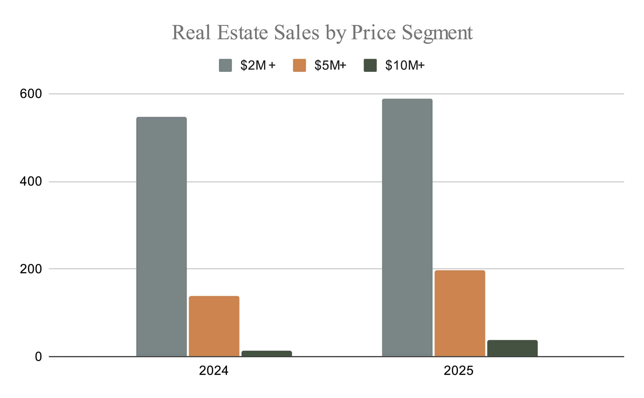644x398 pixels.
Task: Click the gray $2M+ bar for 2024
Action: (162, 237)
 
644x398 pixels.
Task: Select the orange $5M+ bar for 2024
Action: (214, 326)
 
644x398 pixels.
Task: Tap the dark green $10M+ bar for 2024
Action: (267, 353)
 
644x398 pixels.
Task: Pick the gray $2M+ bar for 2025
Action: (407, 227)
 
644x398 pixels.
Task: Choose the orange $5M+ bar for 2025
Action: (460, 313)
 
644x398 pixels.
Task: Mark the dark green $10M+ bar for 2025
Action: (512, 348)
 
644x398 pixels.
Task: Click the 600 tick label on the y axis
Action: (31, 94)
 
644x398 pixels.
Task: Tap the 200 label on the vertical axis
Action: (31, 269)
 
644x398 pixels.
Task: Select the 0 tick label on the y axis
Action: (38, 357)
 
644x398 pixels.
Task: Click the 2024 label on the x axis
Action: (214, 371)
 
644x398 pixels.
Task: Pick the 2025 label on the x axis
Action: (459, 371)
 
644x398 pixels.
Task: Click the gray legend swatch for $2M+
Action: (225, 65)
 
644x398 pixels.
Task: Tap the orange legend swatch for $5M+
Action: (300, 65)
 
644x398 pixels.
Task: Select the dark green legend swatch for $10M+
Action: (370, 65)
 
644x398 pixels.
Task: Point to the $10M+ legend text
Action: (405, 65)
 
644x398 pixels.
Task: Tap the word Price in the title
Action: (373, 32)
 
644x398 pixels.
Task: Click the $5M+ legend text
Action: (330, 65)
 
